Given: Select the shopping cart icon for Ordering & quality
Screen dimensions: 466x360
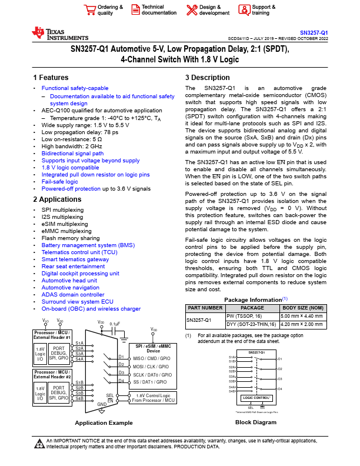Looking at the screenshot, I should coord(89,10).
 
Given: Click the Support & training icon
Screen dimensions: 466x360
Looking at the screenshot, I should coord(244,10).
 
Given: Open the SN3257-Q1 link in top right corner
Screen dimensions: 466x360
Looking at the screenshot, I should coord(314,32).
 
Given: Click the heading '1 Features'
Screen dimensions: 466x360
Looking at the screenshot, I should coord(51,78).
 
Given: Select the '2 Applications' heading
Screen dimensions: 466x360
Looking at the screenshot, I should coord(58,199).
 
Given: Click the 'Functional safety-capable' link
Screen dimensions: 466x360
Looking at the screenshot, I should coord(75,88).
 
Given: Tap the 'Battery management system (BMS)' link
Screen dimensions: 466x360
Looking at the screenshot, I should coord(88,244).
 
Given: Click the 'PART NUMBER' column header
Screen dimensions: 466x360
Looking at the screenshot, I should coord(205,308).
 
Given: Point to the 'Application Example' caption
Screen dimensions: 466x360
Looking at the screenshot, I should coord(104,422).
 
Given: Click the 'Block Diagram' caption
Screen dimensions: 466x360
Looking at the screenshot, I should coord(255,422).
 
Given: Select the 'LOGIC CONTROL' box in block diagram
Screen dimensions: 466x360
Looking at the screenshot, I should coord(255,398).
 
